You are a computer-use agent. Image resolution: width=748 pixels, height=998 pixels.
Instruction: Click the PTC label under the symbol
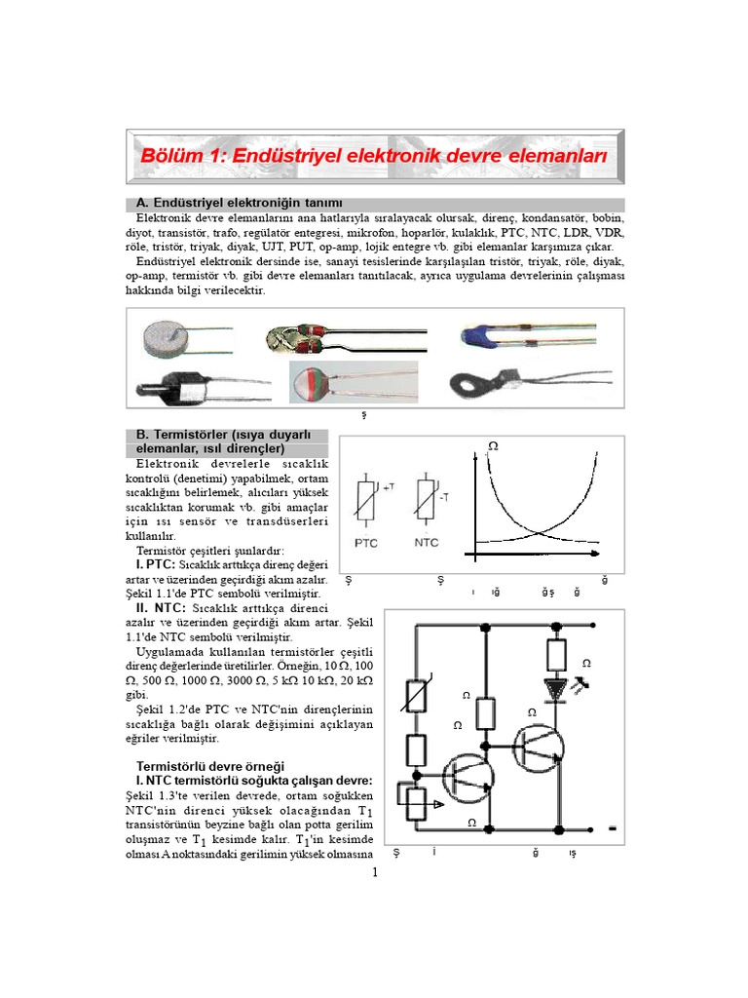point(367,542)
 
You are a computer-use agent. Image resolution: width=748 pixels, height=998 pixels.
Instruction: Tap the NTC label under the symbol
point(427,542)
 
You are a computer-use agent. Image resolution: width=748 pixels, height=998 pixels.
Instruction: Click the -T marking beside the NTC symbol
point(443,497)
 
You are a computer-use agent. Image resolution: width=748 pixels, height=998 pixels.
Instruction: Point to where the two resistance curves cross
point(540,533)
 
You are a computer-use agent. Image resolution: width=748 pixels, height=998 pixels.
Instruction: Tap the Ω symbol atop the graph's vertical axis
point(492,445)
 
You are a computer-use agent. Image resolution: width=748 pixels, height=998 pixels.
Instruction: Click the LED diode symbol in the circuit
point(557,688)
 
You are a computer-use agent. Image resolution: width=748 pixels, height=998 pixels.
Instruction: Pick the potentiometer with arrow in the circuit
point(418,803)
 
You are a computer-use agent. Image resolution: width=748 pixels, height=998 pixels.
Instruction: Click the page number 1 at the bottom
point(374,870)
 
